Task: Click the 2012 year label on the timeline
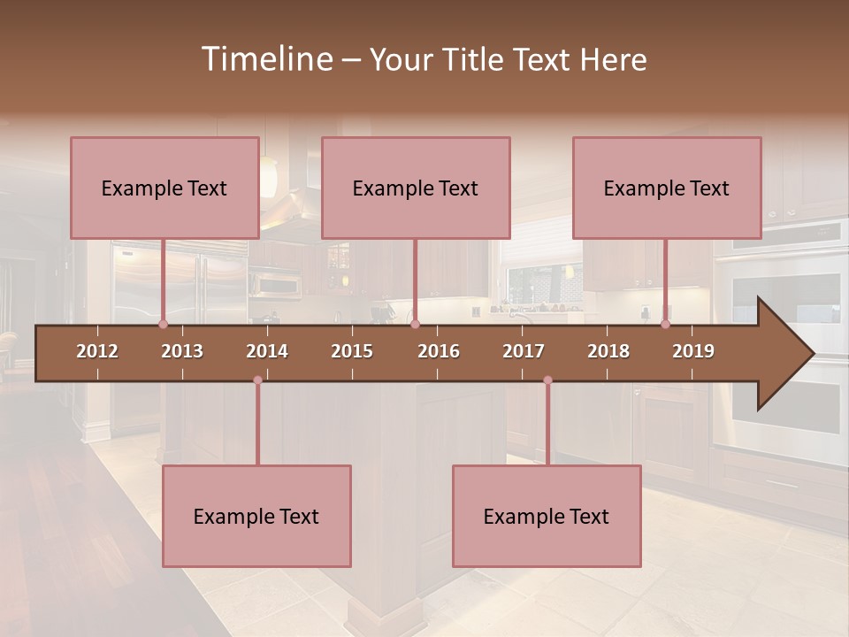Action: coord(97,351)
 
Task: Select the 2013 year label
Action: coord(182,351)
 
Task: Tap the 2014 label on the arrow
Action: coord(267,351)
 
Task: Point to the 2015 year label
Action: coord(352,351)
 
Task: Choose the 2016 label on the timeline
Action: coord(439,351)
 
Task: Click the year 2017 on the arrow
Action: coord(524,351)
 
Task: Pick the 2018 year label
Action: coord(608,351)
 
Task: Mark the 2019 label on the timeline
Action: coord(693,351)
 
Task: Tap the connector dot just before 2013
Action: coord(163,325)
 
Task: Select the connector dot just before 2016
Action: coord(415,325)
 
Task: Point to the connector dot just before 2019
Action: coord(665,325)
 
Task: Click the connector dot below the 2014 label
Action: coord(257,380)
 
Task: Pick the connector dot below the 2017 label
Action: coord(547,380)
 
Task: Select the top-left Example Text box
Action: coord(164,188)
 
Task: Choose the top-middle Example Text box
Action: coord(416,188)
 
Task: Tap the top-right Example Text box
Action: coord(667,188)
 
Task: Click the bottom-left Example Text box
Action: coord(256,516)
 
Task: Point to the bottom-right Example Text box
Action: coord(547,516)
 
